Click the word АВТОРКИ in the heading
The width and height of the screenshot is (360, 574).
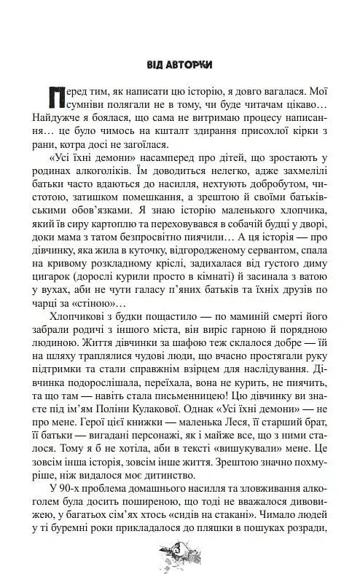192,64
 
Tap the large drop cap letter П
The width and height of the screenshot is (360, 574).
51,97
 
